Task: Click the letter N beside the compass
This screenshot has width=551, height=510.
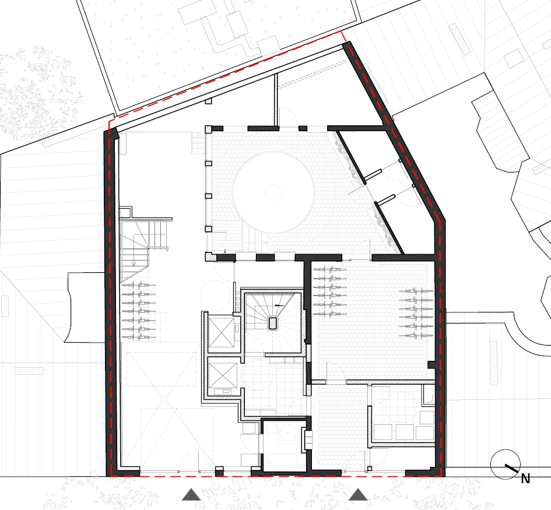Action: click(525, 479)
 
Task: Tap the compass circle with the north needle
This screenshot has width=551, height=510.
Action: click(506, 464)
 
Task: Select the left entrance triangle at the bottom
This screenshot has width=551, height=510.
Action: click(191, 494)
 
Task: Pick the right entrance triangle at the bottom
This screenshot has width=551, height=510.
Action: click(358, 494)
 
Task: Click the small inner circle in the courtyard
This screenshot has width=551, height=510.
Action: click(273, 192)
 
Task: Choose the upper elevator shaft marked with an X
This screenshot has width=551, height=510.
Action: click(222, 332)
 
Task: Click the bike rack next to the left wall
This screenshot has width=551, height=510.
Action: click(139, 312)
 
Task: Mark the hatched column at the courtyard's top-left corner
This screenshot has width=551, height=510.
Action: click(209, 129)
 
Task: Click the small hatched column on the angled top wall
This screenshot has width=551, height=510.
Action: click(208, 101)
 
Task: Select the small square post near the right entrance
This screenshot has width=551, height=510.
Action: click(370, 469)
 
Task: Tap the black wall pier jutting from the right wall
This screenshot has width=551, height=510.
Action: click(432, 365)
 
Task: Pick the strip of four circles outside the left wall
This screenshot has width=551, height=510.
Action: click(29, 371)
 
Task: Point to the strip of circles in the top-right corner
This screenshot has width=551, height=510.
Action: click(459, 39)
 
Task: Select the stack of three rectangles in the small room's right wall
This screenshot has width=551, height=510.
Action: click(308, 439)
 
